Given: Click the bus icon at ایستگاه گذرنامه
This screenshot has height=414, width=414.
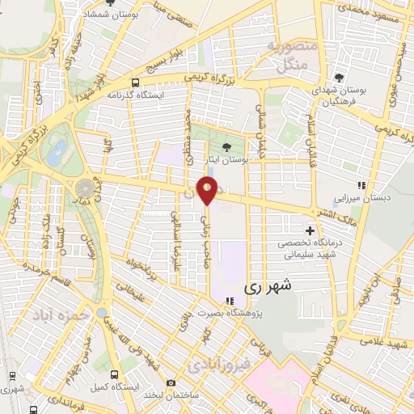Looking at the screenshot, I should [133, 82].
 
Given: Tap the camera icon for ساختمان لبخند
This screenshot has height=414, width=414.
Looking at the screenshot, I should [170, 382].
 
